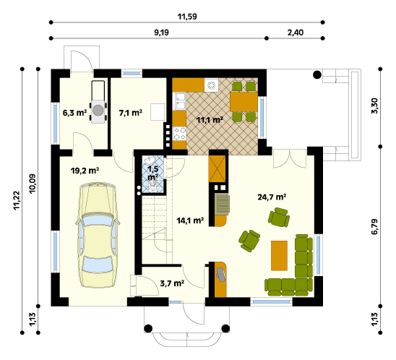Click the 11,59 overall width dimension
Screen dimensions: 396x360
coord(187,17)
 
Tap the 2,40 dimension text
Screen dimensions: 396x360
coord(296,33)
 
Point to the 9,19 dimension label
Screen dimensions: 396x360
coord(161,33)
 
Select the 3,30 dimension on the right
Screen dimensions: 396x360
coord(375,106)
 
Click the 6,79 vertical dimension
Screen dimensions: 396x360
coord(375,226)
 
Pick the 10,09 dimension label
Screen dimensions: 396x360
coord(33,184)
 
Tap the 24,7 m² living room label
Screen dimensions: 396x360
coord(272,197)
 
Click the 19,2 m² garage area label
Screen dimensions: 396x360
coord(85,171)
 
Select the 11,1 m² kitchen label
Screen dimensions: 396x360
coord(210,120)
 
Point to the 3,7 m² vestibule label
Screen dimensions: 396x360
coord(172,283)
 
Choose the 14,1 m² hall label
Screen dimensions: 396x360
coord(190,220)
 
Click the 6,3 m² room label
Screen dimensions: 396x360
coord(74,113)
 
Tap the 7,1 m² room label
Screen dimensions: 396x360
coord(130,113)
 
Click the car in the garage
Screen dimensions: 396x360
coord(98,235)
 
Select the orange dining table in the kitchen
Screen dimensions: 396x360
coord(244,101)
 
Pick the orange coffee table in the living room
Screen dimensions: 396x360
coord(279,256)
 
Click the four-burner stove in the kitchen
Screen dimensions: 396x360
coord(179,134)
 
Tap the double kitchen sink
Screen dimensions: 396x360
coord(179,101)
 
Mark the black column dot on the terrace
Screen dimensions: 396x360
coord(317,74)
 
